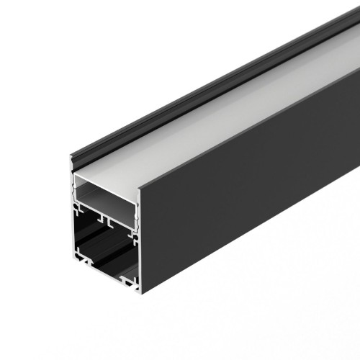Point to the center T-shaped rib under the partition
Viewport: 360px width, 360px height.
(x=103, y=217)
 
